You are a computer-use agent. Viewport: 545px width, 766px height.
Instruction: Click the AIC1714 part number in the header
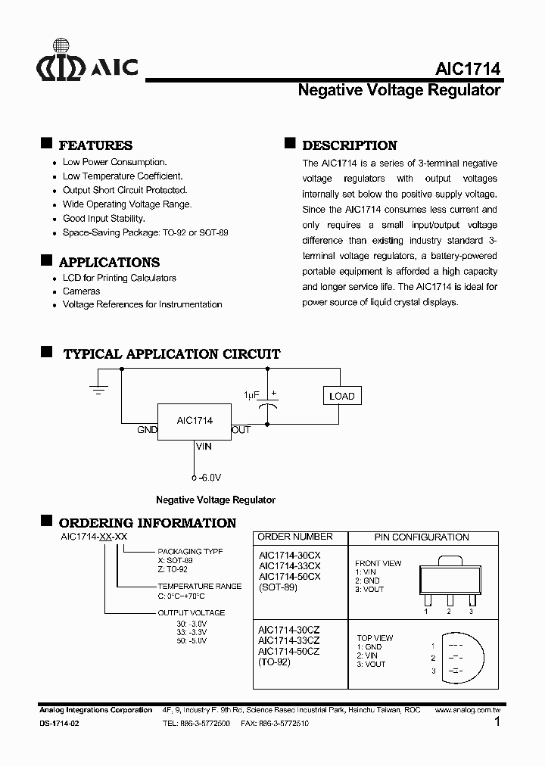click(467, 68)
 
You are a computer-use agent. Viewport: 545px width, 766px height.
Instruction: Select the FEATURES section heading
click(95, 145)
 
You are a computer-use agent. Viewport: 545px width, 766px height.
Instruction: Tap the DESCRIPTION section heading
click(349, 145)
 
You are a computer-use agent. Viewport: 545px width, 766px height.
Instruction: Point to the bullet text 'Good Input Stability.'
click(104, 219)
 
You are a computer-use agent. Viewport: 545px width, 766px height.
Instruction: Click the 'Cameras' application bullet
click(81, 291)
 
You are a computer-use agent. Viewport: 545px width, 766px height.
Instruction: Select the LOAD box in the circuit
click(341, 396)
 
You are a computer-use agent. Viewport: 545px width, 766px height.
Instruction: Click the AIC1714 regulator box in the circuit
click(195, 421)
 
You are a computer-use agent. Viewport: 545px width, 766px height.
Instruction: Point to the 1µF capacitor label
click(251, 395)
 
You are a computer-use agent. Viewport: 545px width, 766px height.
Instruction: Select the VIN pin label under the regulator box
click(204, 447)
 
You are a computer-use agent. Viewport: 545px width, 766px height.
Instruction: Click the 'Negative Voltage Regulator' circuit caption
click(216, 500)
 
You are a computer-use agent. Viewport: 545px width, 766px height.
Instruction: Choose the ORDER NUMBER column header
click(295, 537)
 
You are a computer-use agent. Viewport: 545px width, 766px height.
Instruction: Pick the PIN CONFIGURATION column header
click(422, 537)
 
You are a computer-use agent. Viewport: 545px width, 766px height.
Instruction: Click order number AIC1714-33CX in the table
click(289, 565)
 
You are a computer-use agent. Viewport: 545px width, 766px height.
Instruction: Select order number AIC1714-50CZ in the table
click(288, 652)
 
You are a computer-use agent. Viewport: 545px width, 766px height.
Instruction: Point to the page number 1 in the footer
click(497, 723)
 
